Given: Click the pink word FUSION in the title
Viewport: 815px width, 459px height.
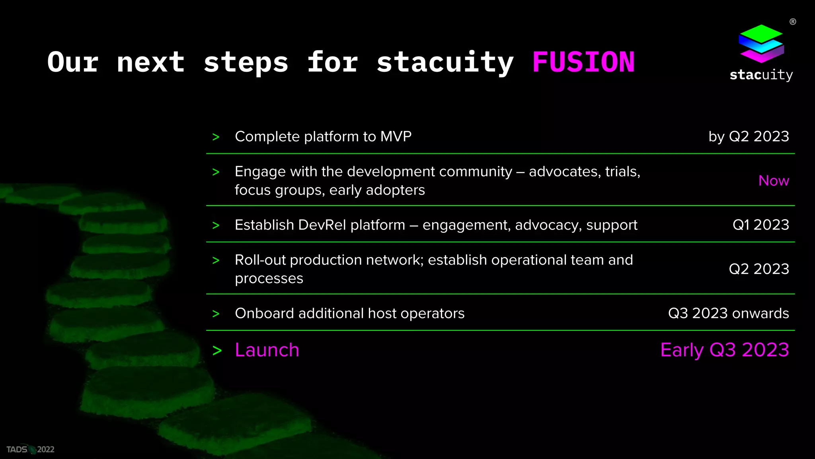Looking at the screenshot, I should click(x=583, y=63).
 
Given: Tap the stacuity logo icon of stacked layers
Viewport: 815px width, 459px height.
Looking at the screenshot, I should click(x=761, y=44).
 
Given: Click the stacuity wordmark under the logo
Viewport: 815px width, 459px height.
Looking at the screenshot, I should click(x=761, y=75).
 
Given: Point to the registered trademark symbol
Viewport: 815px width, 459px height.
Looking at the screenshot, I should click(x=793, y=22).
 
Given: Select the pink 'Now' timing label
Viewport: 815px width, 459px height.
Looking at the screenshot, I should click(x=773, y=181).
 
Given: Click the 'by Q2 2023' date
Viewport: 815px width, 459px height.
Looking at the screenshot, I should click(x=749, y=137).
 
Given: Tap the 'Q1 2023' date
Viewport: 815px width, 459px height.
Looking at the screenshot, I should click(x=760, y=225).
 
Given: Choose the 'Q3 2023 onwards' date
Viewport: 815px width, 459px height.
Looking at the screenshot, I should click(x=728, y=314).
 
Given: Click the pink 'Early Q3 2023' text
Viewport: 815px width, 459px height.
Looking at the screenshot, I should click(x=724, y=350).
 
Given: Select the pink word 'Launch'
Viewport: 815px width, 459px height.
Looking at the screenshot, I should click(x=267, y=350).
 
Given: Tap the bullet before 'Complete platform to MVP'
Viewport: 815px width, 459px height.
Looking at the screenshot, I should click(x=216, y=137).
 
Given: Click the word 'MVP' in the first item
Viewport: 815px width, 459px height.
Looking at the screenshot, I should click(x=396, y=137).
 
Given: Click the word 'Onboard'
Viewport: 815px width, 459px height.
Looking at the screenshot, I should click(x=264, y=314).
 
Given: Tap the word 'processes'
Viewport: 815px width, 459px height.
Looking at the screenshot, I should click(x=269, y=279).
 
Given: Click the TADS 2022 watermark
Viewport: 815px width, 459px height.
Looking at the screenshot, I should click(x=30, y=449).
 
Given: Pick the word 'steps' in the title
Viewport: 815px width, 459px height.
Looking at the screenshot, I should click(x=246, y=63).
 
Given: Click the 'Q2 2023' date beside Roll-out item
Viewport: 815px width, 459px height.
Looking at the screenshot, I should click(x=758, y=269).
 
